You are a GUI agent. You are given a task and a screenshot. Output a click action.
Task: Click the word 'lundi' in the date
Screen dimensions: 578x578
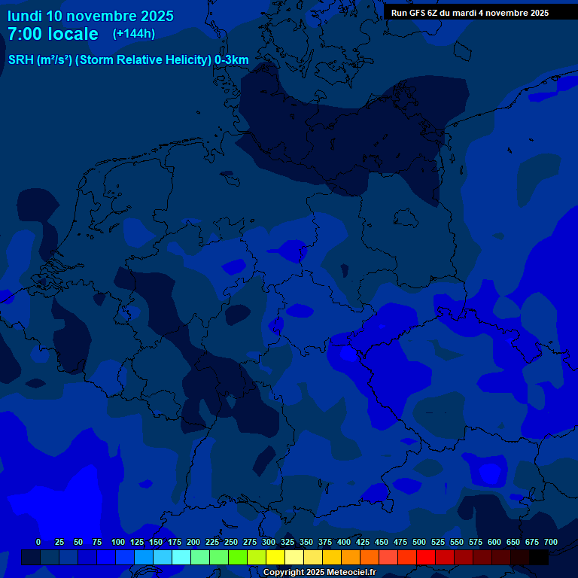tap(25, 16)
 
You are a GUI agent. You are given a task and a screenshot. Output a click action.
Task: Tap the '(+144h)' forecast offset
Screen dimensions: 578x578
tap(134, 33)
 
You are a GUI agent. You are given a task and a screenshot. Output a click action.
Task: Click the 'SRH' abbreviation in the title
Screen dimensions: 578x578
tap(20, 60)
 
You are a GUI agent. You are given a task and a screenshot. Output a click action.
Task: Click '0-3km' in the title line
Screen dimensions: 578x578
tap(232, 60)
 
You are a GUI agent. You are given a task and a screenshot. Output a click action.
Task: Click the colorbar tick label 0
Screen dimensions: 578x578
tap(38, 542)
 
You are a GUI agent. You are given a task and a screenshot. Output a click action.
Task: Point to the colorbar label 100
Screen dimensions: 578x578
tap(118, 542)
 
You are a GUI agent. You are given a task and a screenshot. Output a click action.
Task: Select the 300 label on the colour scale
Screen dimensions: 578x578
tap(269, 542)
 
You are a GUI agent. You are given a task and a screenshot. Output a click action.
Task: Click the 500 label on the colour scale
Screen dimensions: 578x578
tap(419, 542)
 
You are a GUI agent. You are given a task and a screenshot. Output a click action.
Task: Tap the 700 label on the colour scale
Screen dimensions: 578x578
tap(551, 542)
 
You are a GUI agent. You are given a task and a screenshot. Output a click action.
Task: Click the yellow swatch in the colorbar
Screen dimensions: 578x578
tap(275, 557)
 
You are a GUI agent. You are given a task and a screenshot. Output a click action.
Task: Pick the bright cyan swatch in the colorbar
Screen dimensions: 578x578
tap(181, 557)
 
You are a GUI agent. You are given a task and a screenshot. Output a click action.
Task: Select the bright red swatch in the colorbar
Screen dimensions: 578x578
tap(426, 557)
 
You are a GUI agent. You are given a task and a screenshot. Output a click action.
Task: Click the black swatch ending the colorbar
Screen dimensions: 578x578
tap(539, 557)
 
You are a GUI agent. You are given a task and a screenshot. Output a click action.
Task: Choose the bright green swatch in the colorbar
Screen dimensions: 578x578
tap(238, 557)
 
